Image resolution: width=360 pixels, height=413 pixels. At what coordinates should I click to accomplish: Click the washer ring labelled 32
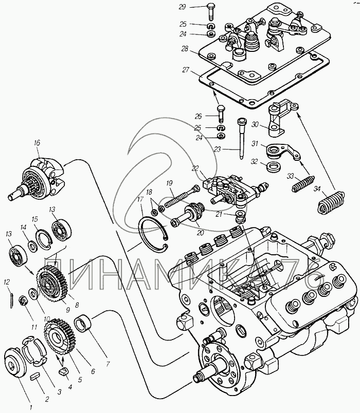[273, 166]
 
